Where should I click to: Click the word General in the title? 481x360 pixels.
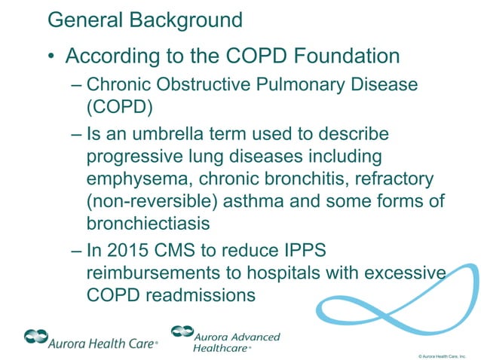(81, 20)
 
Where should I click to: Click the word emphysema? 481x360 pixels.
(133, 180)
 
